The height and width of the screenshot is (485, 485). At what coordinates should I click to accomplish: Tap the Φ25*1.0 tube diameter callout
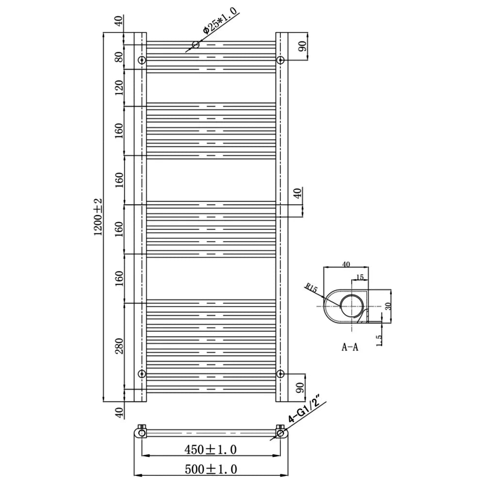[x=220, y=20]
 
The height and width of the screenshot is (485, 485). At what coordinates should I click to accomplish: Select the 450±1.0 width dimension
[x=210, y=449]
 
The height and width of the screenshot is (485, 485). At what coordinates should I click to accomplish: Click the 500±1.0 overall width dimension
[x=211, y=469]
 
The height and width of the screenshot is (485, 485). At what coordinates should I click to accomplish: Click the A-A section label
[x=350, y=347]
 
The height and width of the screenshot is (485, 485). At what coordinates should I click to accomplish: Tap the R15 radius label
[x=311, y=288]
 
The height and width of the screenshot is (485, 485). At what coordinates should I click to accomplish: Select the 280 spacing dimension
[x=119, y=346]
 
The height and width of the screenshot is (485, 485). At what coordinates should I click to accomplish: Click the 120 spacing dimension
[x=119, y=87]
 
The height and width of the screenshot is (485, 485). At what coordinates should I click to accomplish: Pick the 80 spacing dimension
[x=119, y=57]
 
